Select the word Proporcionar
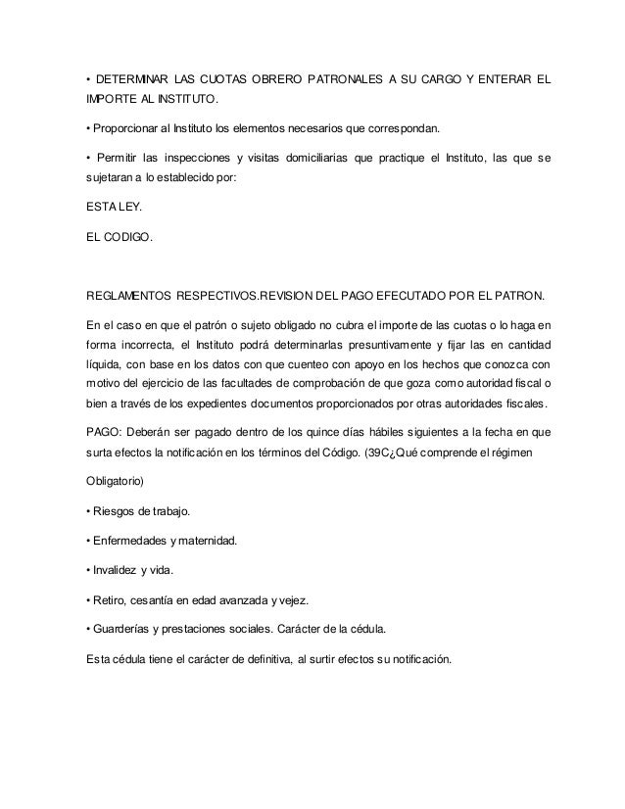(x=128, y=128)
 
